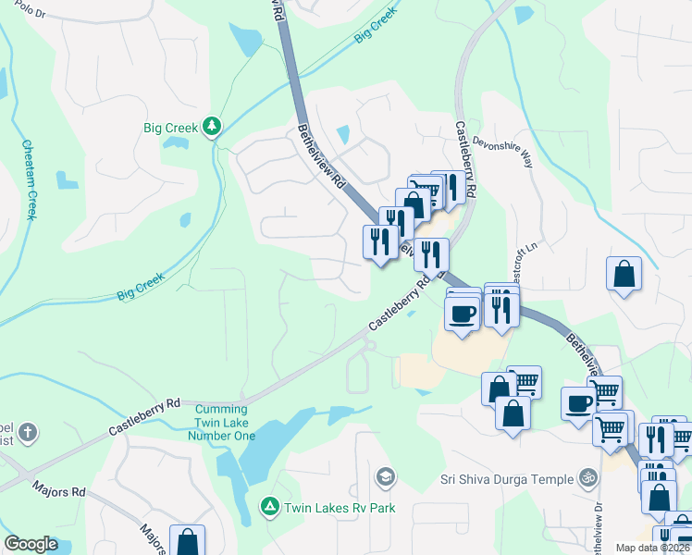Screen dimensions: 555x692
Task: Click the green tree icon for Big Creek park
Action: (212, 126)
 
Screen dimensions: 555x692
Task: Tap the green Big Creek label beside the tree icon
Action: (170, 128)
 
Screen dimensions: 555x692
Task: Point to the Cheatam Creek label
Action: (29, 179)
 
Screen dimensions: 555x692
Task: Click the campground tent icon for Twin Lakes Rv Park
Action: (269, 506)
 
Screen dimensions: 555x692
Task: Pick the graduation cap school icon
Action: (385, 477)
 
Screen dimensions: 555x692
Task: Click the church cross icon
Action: (29, 432)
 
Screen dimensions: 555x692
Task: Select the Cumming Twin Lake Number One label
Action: (220, 422)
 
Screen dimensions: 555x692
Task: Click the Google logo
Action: (31, 544)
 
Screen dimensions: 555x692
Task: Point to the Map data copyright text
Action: (651, 548)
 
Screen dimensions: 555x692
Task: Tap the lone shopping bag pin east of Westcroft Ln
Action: (624, 274)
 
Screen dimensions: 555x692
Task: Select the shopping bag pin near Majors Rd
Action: (187, 542)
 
